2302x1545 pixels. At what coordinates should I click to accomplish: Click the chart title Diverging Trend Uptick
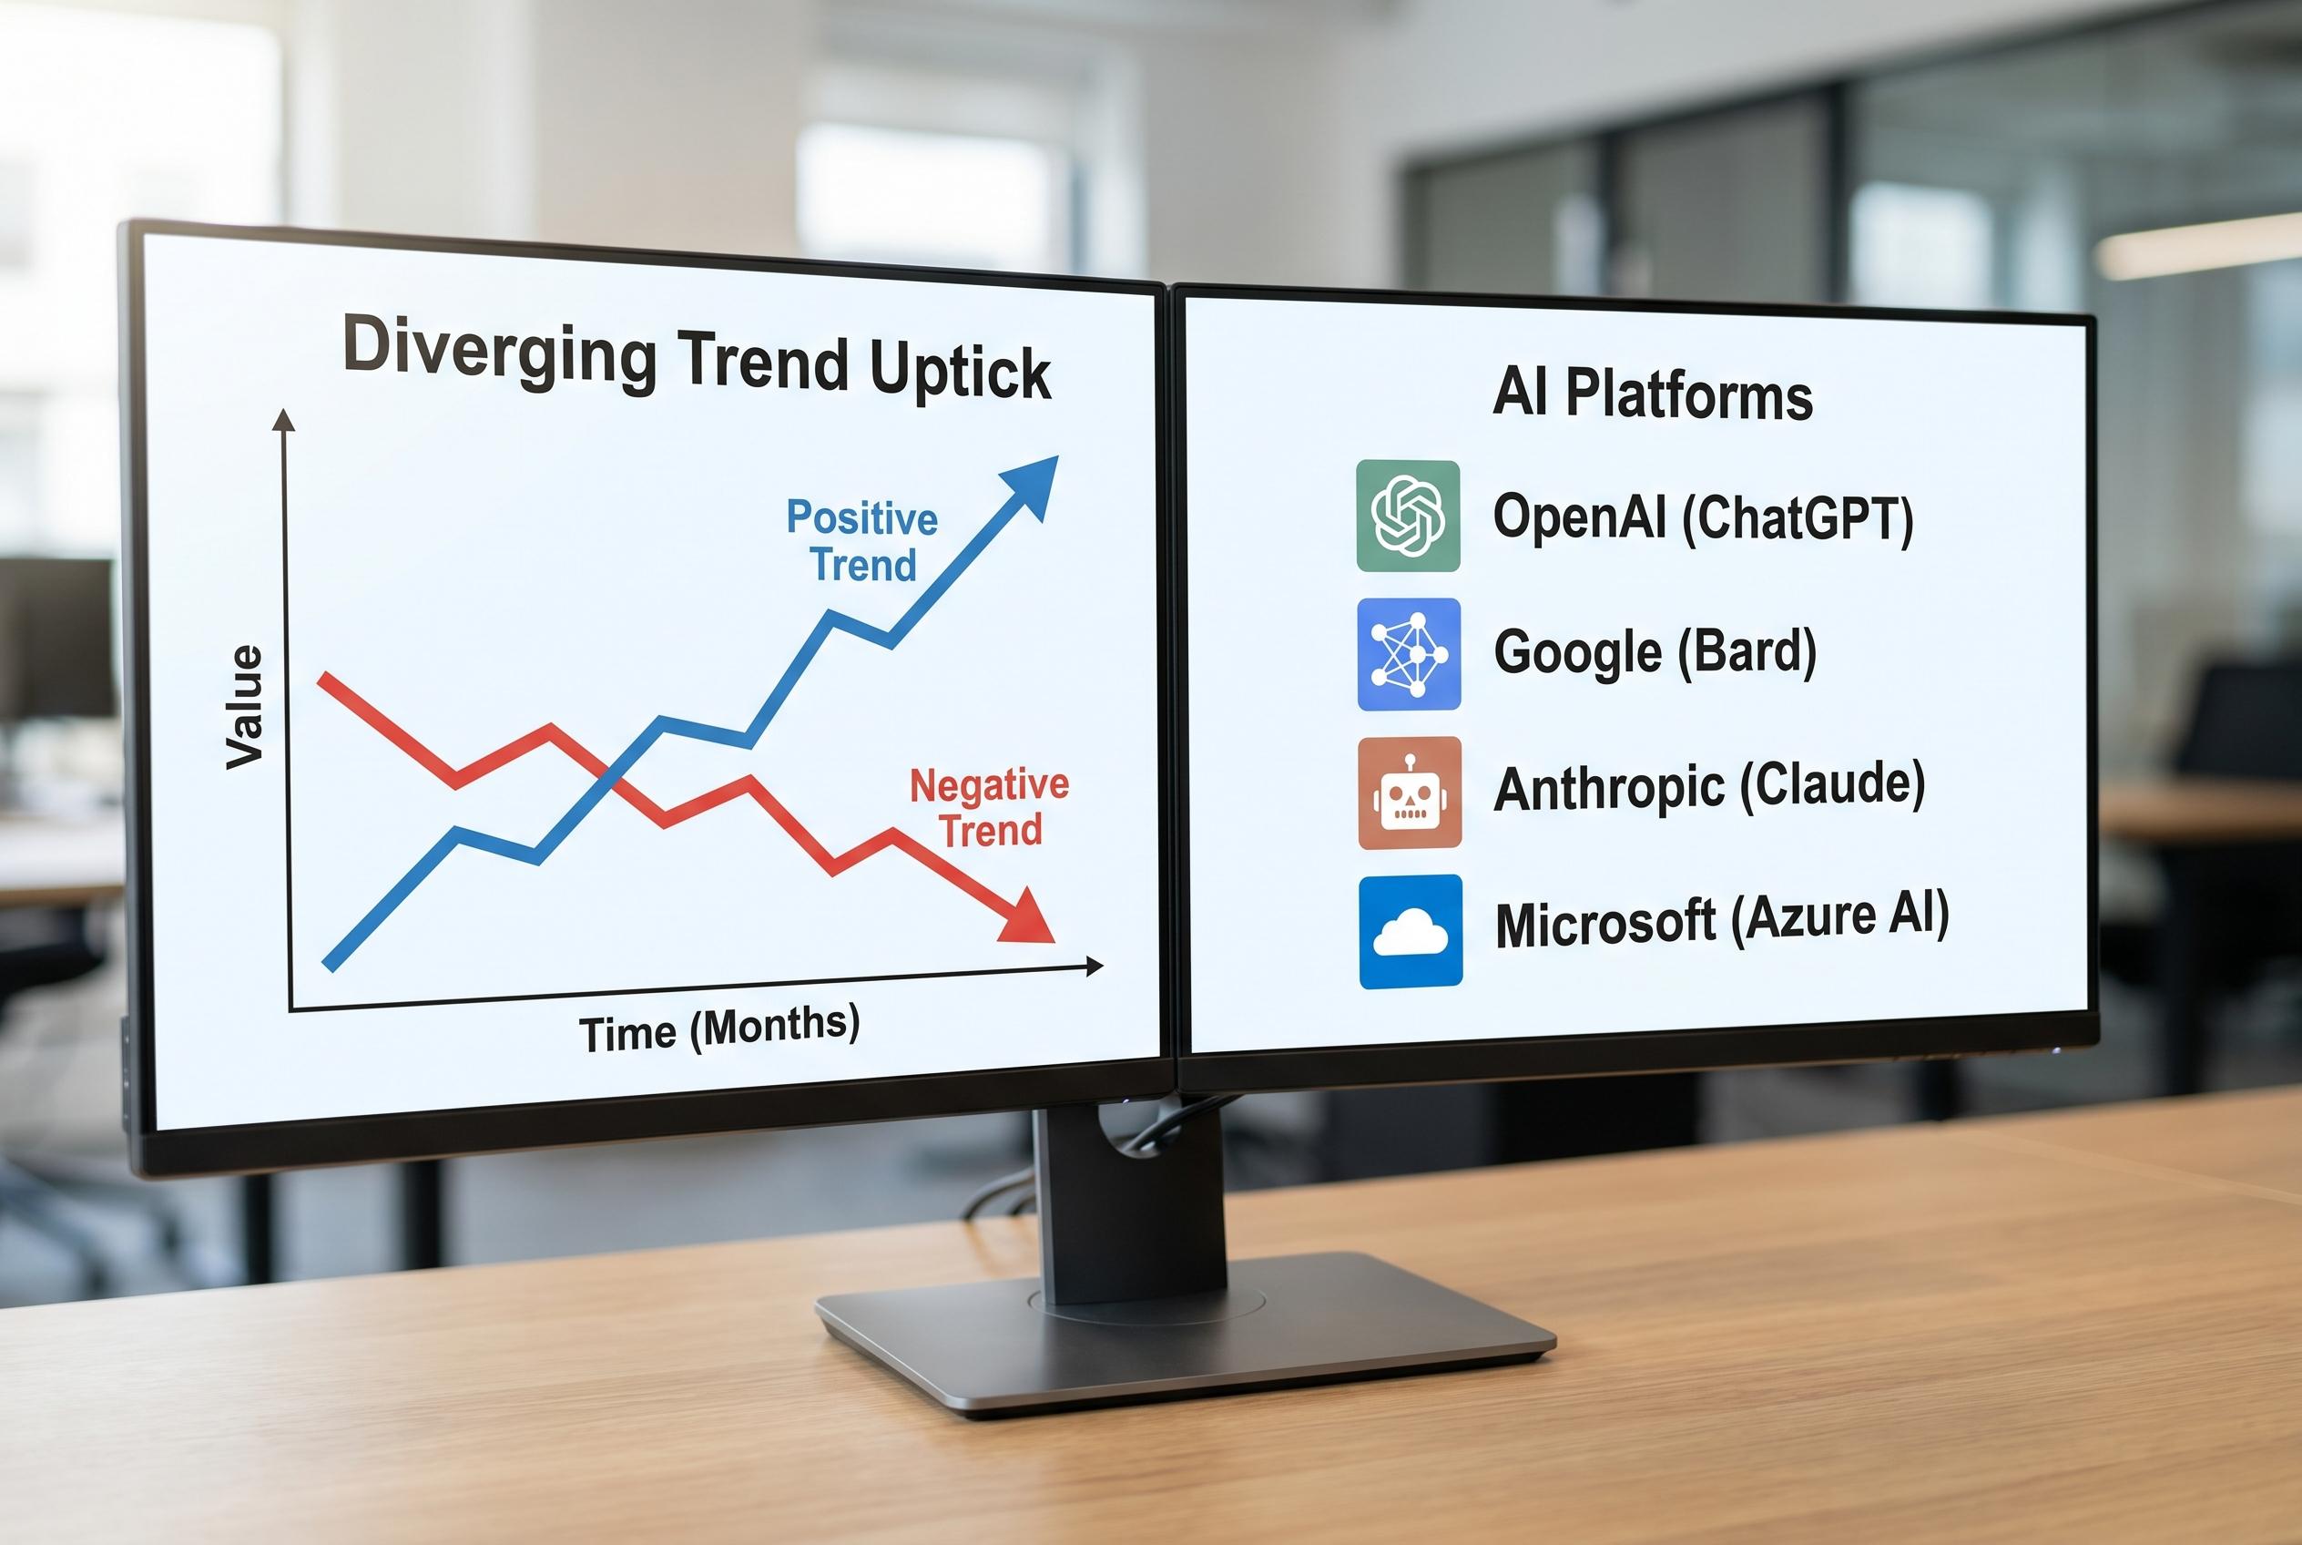coord(696,360)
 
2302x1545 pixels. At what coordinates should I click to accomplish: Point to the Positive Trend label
coord(862,541)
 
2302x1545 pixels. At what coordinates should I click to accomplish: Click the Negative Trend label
coord(989,807)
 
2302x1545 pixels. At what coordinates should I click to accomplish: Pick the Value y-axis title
coord(244,707)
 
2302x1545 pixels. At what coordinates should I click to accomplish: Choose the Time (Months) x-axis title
coord(719,1028)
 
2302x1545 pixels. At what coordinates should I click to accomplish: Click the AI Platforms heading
coord(1652,394)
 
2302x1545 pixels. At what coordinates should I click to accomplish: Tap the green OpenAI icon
coord(1408,516)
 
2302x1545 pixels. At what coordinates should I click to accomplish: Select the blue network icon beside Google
coord(1409,654)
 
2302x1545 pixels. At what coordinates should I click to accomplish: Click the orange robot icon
coord(1410,793)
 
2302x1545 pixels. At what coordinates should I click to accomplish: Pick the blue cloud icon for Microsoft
coord(1411,931)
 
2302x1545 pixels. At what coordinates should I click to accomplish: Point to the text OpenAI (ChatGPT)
coord(1703,517)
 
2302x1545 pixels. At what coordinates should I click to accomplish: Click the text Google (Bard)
coord(1655,651)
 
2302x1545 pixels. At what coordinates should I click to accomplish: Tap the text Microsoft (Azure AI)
coord(1722,920)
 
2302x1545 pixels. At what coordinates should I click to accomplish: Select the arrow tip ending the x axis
coord(1096,966)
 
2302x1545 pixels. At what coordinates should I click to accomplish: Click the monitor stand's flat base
coord(1182,1335)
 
